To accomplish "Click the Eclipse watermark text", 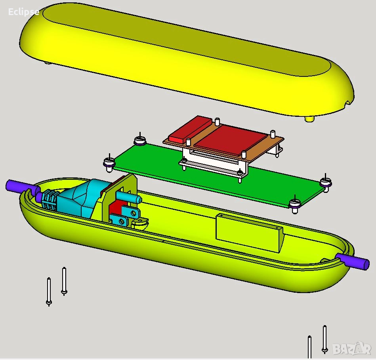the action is tap(23, 12).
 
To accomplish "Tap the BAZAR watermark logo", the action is tap(352, 349).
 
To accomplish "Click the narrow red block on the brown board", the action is tap(190, 129).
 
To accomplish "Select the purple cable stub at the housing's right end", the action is tap(353, 261).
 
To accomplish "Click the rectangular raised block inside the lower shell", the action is tap(249, 233).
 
